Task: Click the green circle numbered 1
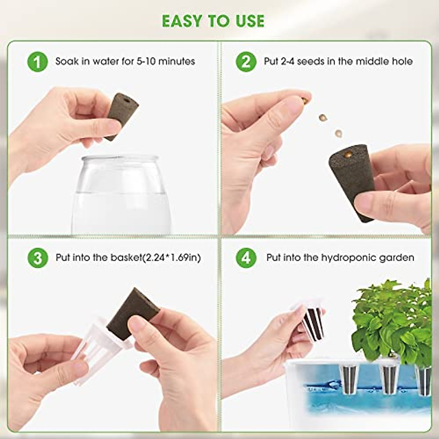point(37,61)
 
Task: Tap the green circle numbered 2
point(246,61)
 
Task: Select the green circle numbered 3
point(37,258)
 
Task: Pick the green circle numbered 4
point(246,258)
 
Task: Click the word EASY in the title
point(182,21)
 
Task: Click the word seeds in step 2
point(311,61)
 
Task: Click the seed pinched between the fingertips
point(304,99)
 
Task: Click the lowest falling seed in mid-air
point(339,132)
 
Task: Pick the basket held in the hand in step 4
point(311,322)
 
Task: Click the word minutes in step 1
point(177,61)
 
